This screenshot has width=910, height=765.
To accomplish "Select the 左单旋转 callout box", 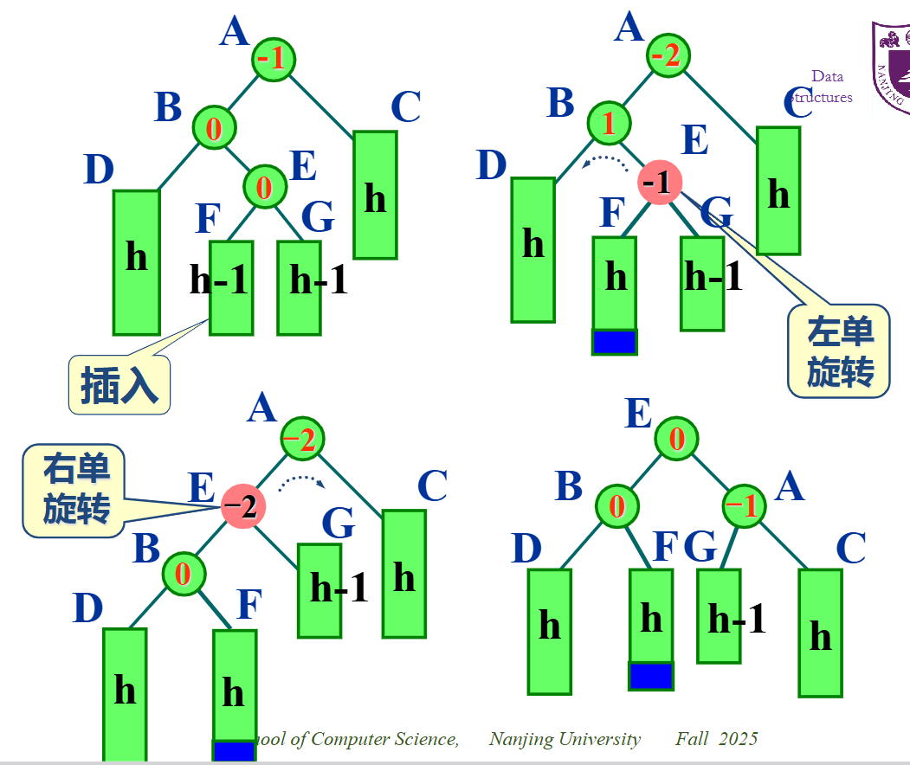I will [x=839, y=351].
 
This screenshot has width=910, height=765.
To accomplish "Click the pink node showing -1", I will [x=660, y=183].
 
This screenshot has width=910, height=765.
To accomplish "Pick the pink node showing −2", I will [x=243, y=506].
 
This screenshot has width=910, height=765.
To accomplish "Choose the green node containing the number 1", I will [x=610, y=123].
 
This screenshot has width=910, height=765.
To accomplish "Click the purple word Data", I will [x=828, y=76].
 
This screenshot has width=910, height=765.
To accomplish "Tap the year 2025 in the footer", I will [x=738, y=738].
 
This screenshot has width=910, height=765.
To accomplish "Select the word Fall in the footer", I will [x=692, y=738].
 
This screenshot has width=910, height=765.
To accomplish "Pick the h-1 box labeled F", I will [x=231, y=287].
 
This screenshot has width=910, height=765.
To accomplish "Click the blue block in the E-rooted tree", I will [x=651, y=675].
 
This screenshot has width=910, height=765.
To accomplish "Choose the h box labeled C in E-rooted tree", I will [x=820, y=633].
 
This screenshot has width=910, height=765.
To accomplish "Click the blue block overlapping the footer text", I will [x=234, y=749].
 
